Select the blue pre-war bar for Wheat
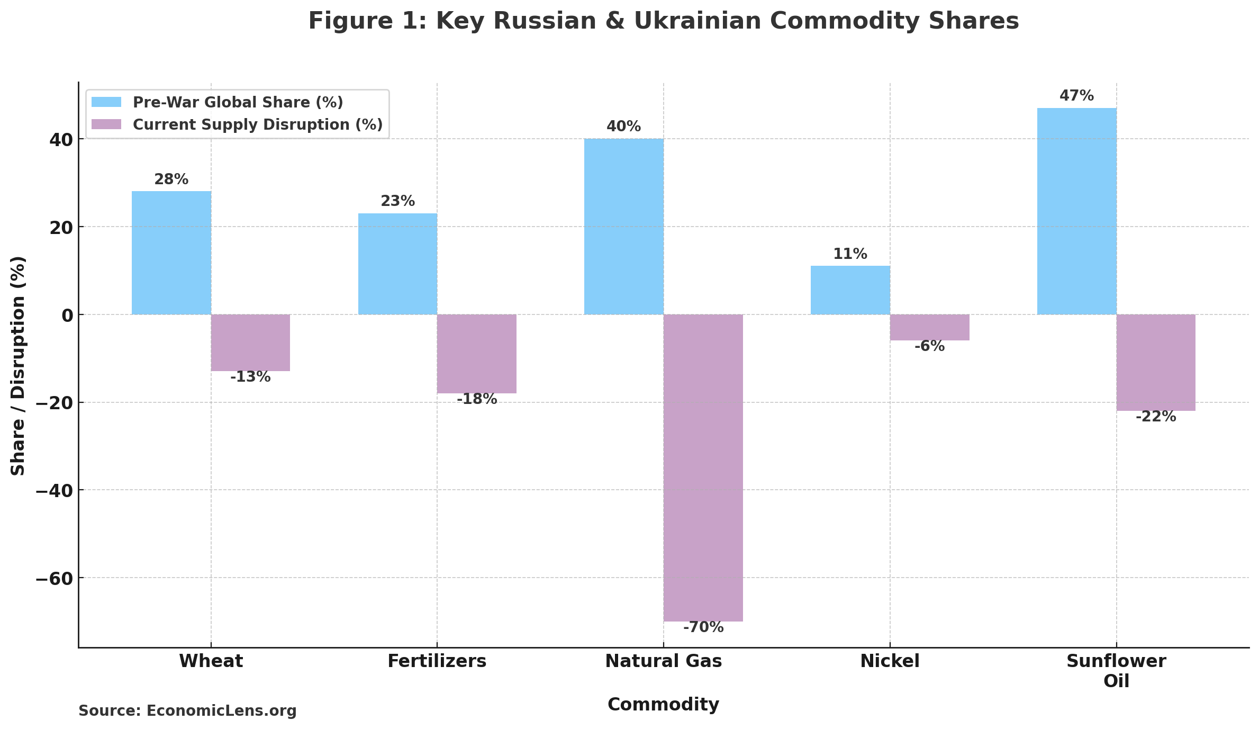coord(171,253)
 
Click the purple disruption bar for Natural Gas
coord(703,467)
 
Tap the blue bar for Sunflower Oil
coord(1076,211)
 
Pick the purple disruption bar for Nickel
coord(929,327)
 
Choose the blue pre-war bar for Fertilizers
coord(397,264)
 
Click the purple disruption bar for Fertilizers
coord(476,354)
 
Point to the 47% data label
coord(1076,96)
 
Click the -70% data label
coord(703,627)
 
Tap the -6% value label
coord(929,346)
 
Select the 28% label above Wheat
coord(171,179)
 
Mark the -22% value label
coord(1156,417)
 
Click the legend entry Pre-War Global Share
coord(238,102)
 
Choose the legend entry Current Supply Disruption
coord(257,124)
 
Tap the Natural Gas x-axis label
coord(663,661)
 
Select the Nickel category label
coord(890,661)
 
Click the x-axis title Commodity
coord(663,705)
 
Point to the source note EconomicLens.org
coord(187,711)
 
